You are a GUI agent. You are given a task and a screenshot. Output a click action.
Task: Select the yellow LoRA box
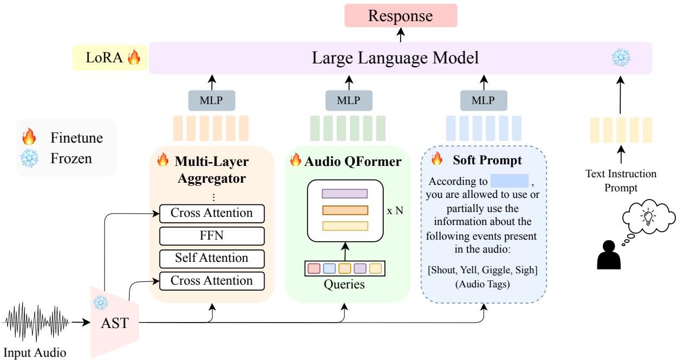point(111,58)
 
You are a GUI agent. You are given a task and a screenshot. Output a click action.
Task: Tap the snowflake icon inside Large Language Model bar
point(621,58)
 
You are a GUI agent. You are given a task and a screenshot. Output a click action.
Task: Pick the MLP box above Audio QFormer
point(347,100)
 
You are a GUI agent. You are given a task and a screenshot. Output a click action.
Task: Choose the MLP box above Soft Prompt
point(484,100)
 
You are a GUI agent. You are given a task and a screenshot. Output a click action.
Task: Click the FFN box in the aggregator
point(212,236)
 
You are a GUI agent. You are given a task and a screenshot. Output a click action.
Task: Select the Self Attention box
point(212,258)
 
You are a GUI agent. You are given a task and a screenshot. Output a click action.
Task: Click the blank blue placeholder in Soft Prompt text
point(509,181)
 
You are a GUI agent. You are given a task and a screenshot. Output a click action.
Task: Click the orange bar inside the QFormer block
point(345,210)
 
